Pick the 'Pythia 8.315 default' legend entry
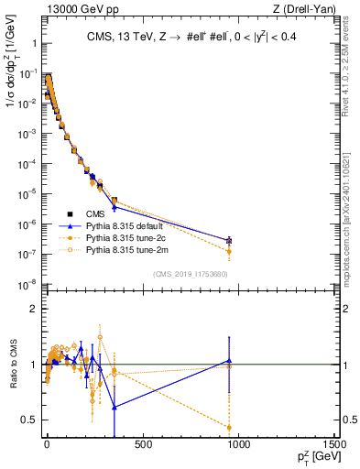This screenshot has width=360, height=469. [x=125, y=225]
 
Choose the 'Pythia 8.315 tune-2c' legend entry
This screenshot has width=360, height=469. [x=125, y=237]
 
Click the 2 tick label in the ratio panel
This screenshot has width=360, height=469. [x=32, y=309]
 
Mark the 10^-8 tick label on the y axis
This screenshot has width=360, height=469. [x=27, y=283]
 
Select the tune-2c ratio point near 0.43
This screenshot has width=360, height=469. [x=229, y=428]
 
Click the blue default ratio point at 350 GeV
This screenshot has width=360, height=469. [x=114, y=407]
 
